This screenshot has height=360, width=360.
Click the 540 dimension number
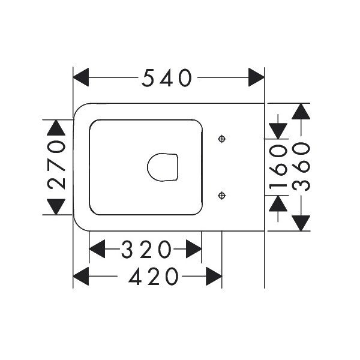[x=166, y=77]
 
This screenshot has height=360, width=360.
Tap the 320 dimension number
[x=146, y=249]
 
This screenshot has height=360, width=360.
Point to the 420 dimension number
[x=154, y=276]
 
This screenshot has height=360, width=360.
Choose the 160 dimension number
[x=278, y=167]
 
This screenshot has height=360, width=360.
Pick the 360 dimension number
[x=301, y=167]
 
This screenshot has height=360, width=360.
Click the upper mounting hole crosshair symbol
[x=221, y=139]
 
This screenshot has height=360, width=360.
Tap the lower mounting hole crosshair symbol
[x=221, y=196]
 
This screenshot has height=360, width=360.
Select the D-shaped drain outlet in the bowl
[x=163, y=167]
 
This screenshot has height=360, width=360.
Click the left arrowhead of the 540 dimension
[x=81, y=77]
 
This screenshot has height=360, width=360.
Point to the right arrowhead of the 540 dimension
[x=256, y=77]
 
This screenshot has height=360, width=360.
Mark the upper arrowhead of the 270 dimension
[x=56, y=128]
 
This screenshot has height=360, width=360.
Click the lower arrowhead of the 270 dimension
[x=56, y=207]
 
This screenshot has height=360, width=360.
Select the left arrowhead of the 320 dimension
[x=97, y=248]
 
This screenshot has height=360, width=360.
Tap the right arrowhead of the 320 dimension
[x=194, y=248]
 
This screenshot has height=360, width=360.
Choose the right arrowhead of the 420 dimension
[x=214, y=276]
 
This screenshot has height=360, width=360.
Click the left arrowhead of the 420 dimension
[x=81, y=276]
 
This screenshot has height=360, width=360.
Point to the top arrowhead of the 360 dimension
[x=301, y=112]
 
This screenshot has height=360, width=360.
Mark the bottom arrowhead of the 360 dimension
[x=301, y=223]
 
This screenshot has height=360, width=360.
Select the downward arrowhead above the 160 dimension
[x=278, y=131]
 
